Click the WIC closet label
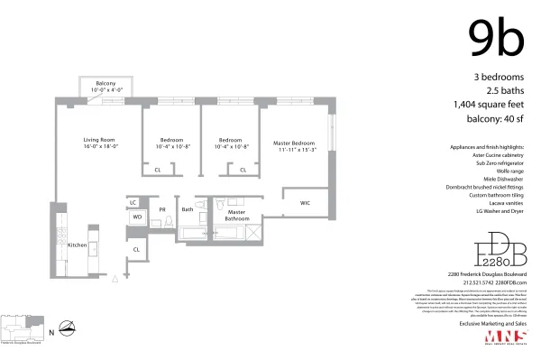coord(306,203)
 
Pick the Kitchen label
coord(78,245)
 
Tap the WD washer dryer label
coord(137,217)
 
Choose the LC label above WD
coord(133,203)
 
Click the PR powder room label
coord(163,210)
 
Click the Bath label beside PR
coord(188,210)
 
